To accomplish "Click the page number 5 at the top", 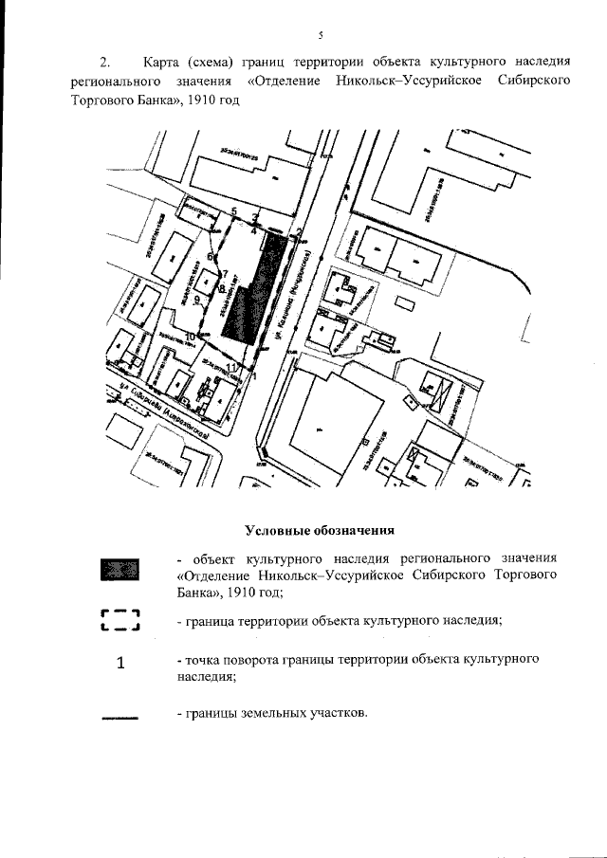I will point(320,35).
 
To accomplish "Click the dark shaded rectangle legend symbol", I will point(120,570).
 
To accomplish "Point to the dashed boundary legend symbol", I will point(120,621).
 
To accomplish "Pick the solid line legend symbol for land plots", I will point(120,717).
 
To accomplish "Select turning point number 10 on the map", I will point(190,337).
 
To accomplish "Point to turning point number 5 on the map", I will point(233,210).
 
